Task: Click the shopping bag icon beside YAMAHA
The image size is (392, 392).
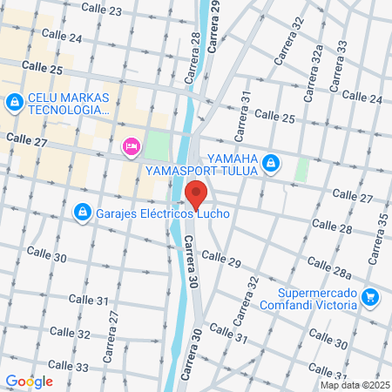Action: [271, 162]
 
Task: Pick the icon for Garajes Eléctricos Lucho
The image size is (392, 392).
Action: [82, 212]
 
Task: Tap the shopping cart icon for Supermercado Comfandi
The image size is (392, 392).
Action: [370, 298]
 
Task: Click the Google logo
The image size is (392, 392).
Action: [29, 381]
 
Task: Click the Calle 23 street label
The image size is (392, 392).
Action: [102, 9]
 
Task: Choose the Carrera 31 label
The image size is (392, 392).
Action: [247, 109]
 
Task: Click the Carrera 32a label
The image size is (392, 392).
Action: [319, 65]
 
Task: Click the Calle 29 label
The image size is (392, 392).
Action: [221, 259]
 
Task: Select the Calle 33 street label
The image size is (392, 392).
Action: [69, 367]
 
